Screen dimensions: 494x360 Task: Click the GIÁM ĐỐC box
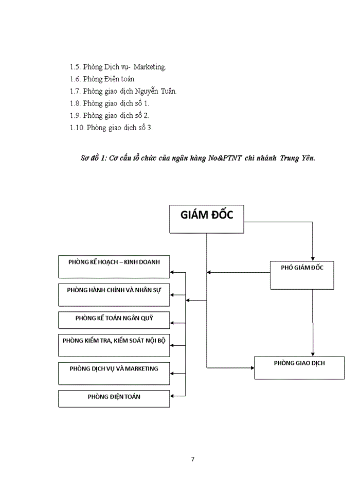click(x=207, y=219)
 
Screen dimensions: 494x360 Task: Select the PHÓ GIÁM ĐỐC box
click(x=302, y=274)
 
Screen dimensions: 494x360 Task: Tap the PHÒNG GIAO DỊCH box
click(x=299, y=367)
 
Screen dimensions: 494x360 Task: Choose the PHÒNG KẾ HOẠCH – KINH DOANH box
click(x=114, y=267)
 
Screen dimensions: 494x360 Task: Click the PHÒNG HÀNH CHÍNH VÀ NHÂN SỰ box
click(x=114, y=295)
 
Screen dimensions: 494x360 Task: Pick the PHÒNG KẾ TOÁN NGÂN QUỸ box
click(x=114, y=320)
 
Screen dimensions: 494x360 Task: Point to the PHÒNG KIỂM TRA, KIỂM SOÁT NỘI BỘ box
click(x=114, y=345)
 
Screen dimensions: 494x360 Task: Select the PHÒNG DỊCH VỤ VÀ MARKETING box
click(x=114, y=373)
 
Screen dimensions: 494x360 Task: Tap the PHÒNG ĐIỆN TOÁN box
click(x=114, y=398)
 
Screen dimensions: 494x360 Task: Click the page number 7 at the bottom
click(x=192, y=459)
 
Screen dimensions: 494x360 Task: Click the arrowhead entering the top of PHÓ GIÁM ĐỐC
click(x=313, y=258)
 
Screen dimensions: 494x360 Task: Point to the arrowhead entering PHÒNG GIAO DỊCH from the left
click(x=252, y=368)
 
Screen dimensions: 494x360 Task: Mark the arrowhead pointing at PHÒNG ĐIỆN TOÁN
click(x=173, y=396)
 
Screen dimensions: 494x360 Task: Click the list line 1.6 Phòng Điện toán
click(x=103, y=79)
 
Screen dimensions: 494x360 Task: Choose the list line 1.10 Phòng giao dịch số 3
click(x=111, y=128)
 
